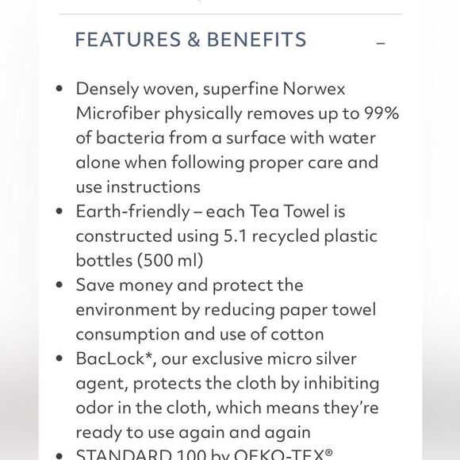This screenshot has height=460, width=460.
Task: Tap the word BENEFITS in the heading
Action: click(x=256, y=40)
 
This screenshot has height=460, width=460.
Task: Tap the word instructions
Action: click(x=151, y=187)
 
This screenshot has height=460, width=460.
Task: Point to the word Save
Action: click(x=94, y=285)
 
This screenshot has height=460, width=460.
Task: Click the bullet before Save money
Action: click(x=59, y=285)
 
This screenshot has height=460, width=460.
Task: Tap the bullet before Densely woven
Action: click(x=59, y=89)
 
